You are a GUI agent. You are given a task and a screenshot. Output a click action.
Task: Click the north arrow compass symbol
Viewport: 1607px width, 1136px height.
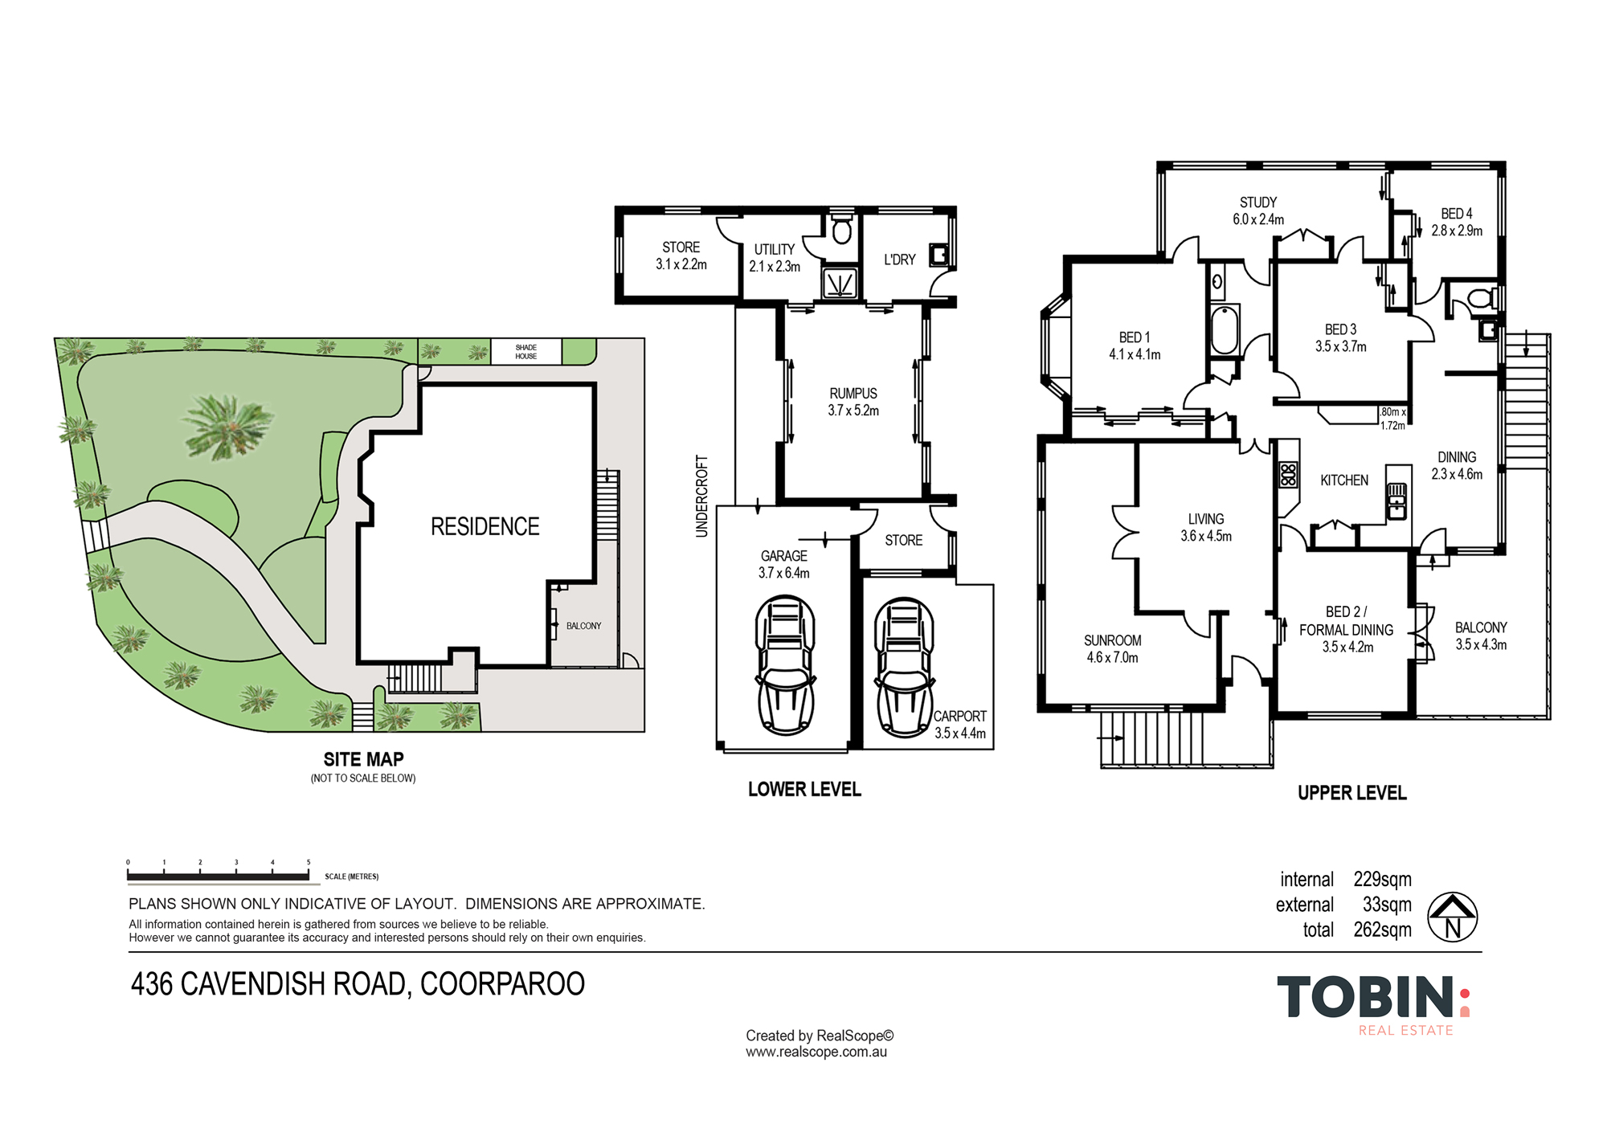tap(1452, 917)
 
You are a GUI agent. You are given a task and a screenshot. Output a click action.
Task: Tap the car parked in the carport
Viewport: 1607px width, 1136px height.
tap(904, 667)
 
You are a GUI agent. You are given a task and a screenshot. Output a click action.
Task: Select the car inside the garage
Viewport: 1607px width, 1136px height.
tap(785, 665)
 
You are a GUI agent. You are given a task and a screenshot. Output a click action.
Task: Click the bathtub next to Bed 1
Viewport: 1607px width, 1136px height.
tap(1225, 329)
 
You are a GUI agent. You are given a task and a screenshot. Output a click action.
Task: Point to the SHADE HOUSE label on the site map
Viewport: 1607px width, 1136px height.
tap(526, 352)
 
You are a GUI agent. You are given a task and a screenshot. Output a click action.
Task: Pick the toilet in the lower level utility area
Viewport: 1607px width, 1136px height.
tap(841, 231)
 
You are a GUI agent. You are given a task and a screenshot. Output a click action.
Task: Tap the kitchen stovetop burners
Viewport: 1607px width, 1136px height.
tap(1288, 474)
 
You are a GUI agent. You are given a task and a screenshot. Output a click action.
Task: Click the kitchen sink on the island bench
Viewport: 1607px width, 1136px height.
tap(1396, 500)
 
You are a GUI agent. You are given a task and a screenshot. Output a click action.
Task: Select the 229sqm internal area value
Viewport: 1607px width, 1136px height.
tap(1382, 879)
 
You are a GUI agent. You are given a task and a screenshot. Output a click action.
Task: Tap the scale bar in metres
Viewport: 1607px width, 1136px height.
tap(218, 876)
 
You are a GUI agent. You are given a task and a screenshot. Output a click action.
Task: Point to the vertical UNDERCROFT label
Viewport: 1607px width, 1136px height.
tap(702, 496)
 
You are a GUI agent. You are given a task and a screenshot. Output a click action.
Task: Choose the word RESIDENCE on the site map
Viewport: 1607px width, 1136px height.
tap(485, 527)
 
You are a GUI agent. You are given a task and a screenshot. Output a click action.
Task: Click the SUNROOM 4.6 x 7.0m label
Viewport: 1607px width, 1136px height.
tap(1112, 648)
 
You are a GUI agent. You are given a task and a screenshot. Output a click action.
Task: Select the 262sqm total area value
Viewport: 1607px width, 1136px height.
tap(1382, 930)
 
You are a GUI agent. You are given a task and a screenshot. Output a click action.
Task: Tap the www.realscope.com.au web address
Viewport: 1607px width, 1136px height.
tap(816, 1052)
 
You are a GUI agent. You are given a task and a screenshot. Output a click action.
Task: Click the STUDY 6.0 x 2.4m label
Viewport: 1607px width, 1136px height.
tap(1258, 210)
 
